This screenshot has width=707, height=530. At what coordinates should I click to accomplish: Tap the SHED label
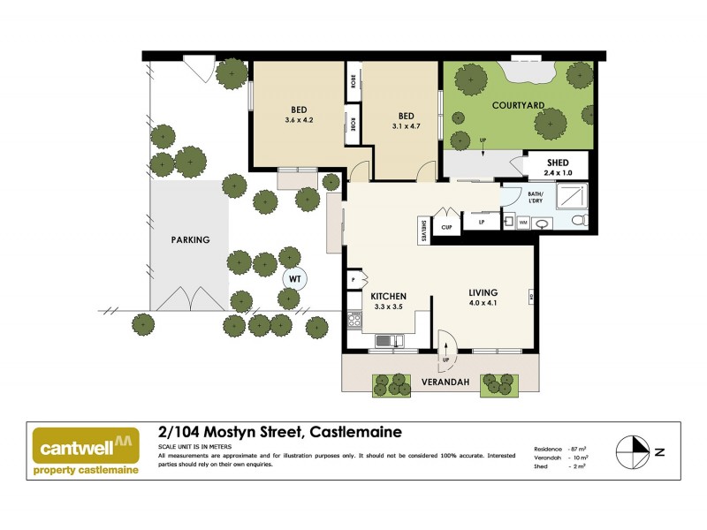pyautogui.click(x=558, y=162)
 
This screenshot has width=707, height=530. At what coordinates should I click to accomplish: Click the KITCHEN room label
pyautogui.click(x=388, y=296)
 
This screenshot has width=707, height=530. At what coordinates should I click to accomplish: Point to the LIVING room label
pyautogui.click(x=483, y=292)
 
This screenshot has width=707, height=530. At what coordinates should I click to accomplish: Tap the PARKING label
pyautogui.click(x=190, y=239)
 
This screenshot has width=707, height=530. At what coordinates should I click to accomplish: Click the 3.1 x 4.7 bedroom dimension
pyautogui.click(x=407, y=126)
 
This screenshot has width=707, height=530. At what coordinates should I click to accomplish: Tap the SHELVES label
pyautogui.click(x=425, y=230)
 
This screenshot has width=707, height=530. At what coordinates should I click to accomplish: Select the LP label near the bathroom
pyautogui.click(x=482, y=222)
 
